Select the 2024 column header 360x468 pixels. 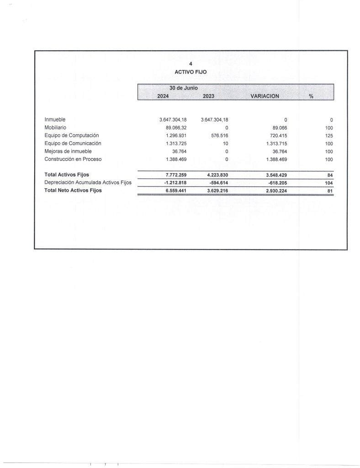pyautogui.click(x=163, y=96)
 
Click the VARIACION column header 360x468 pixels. pyautogui.click(x=265, y=96)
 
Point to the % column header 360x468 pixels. pyautogui.click(x=311, y=96)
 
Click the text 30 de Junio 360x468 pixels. pyautogui.click(x=184, y=88)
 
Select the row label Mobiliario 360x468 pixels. pyautogui.click(x=56, y=128)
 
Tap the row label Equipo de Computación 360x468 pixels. pyautogui.click(x=71, y=135)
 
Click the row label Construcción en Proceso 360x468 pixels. pyautogui.click(x=73, y=159)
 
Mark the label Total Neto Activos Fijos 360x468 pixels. pyautogui.click(x=73, y=191)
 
